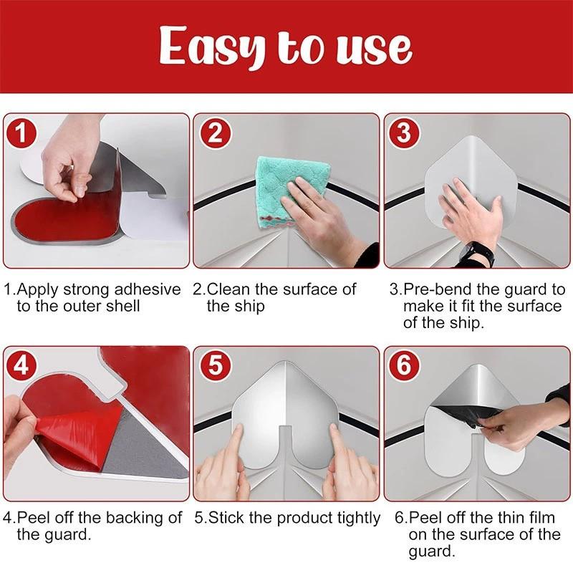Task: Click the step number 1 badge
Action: [x=23, y=133]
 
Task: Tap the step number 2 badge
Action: [x=214, y=133]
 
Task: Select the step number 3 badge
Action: [x=405, y=133]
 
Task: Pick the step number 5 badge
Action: [x=214, y=366]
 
